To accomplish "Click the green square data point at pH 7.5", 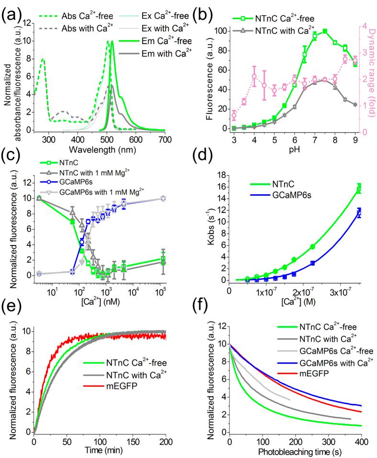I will click(x=325, y=31).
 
